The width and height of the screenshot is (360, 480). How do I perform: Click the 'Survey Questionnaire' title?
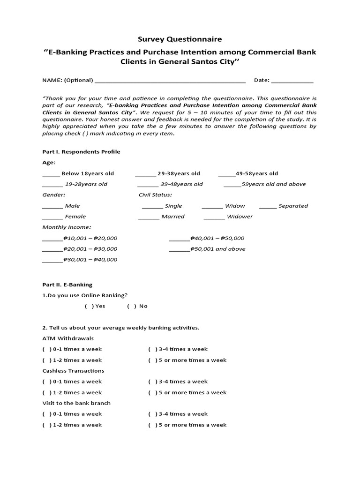180,39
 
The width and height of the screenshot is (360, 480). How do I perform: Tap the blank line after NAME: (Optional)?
170,81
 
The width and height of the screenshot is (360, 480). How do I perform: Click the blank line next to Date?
292,81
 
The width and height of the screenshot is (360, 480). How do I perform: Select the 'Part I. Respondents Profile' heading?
81,152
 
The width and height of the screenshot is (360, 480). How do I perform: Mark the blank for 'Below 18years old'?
51,174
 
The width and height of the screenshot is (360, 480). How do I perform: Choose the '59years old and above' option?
232,185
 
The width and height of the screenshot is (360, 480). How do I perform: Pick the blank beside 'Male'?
52,206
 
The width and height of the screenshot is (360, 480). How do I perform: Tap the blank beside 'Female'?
52,217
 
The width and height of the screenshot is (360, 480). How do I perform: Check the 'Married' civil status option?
149,217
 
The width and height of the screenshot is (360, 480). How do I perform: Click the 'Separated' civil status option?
268,206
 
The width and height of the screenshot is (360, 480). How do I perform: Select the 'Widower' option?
214,217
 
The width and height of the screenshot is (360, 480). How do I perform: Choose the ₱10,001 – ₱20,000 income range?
52,239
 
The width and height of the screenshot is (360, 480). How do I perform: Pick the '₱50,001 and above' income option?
179,249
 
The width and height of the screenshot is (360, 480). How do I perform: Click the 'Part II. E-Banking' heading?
67,285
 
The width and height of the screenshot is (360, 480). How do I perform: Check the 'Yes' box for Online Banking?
89,306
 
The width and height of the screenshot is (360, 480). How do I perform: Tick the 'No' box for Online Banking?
131,306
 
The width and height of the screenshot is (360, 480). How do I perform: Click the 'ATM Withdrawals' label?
68,338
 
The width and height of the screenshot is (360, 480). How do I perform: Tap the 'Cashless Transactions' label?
73,371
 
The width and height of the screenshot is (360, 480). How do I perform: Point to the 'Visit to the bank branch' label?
76,403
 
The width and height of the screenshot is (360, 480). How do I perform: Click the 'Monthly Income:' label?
67,227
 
